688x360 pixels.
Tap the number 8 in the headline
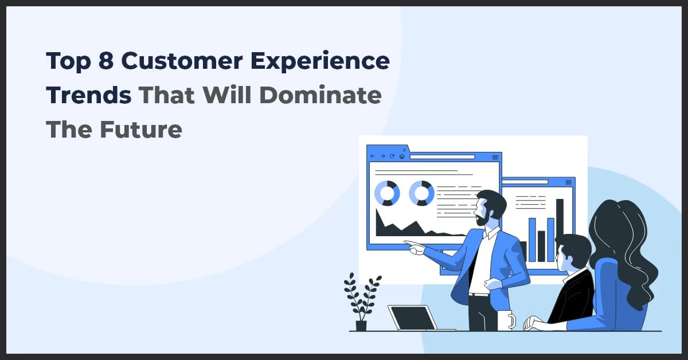[105, 61]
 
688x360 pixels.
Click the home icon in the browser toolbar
[402, 156]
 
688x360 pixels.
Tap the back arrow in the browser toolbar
[373, 156]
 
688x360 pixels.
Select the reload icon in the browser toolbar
[392, 156]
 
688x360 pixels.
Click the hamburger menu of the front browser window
[495, 156]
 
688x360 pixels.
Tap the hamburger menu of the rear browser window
[568, 182]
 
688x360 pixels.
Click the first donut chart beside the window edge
[386, 193]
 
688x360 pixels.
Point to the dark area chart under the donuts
[401, 226]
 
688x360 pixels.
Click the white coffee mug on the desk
[505, 321]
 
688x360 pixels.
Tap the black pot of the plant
[361, 326]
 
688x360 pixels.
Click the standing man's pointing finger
[408, 243]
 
